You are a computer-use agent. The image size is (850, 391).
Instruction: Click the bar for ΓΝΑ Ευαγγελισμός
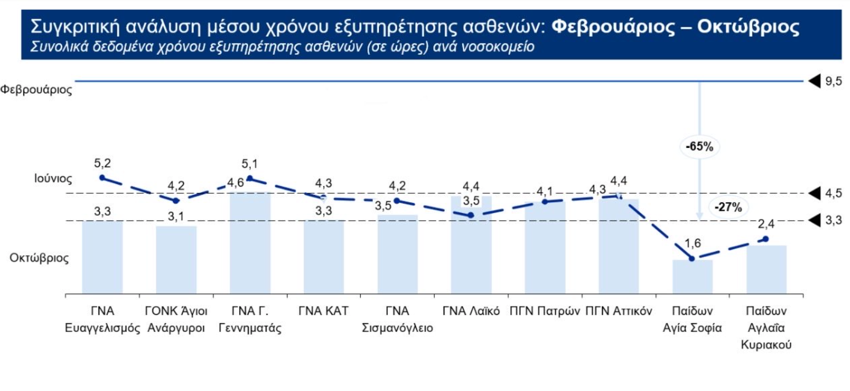[102, 257]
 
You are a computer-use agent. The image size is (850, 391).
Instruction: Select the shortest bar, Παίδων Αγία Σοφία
[692, 277]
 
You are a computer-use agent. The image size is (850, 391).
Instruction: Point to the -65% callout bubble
[699, 146]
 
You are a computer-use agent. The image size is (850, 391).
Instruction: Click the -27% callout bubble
[728, 207]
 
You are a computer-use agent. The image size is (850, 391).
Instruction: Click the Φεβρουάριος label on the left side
[37, 90]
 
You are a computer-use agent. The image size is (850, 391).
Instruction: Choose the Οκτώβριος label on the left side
[39, 258]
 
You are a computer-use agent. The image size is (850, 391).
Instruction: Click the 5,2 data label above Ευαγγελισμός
[102, 163]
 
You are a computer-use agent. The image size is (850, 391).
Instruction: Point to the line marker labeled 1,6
[692, 258]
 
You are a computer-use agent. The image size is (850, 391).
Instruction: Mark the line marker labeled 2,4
[766, 239]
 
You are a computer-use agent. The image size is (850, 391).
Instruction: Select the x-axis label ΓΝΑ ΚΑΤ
[324, 311]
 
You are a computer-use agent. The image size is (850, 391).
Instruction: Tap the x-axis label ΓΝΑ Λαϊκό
[471, 311]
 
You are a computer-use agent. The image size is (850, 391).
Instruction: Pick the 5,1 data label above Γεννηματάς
[250, 164]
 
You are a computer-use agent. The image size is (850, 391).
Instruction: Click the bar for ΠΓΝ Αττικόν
[619, 246]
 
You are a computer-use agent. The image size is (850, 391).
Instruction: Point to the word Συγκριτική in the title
[74, 26]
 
